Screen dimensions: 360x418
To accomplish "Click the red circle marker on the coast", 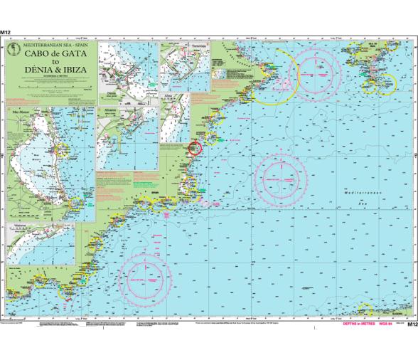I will pyautogui.click(x=195, y=148).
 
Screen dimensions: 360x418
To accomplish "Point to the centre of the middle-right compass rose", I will pyautogui.click(x=281, y=176).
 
